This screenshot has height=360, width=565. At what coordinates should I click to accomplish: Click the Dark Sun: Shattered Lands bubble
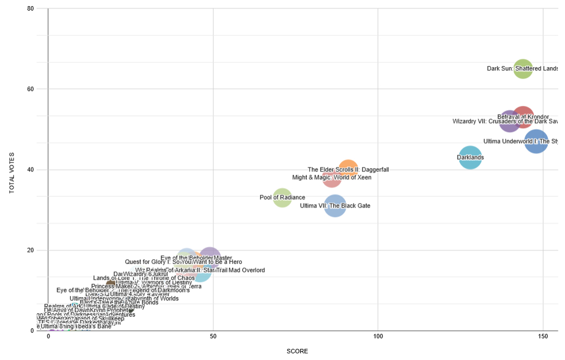523,68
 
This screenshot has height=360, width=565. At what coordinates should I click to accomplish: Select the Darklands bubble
470,158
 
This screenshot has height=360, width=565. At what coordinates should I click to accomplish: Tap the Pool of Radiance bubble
282,197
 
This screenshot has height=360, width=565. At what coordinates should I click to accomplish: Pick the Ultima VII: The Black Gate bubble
335,206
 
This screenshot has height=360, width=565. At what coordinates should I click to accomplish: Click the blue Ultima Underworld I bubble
537,141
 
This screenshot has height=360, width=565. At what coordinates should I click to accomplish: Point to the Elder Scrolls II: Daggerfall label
348,170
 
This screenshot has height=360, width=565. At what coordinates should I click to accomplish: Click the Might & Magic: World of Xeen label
332,178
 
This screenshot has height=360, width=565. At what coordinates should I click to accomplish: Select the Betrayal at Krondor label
523,116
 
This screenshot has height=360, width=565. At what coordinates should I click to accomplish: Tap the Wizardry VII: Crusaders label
505,121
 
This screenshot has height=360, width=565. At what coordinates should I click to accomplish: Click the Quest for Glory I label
183,262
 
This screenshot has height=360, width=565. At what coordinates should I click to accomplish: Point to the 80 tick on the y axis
30,9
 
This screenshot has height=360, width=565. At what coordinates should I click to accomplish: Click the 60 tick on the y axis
30,89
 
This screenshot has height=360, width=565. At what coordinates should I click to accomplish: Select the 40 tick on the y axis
30,170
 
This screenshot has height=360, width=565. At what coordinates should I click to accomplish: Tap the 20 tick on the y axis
30,250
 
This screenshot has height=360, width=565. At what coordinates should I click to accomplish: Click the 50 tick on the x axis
213,337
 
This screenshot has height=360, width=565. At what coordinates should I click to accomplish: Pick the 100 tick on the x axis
378,337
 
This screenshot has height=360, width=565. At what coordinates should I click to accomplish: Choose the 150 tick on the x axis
542,337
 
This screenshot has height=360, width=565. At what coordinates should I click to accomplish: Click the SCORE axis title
297,351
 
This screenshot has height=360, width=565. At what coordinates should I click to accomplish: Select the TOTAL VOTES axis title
12,173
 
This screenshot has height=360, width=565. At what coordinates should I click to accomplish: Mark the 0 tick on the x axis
48,337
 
